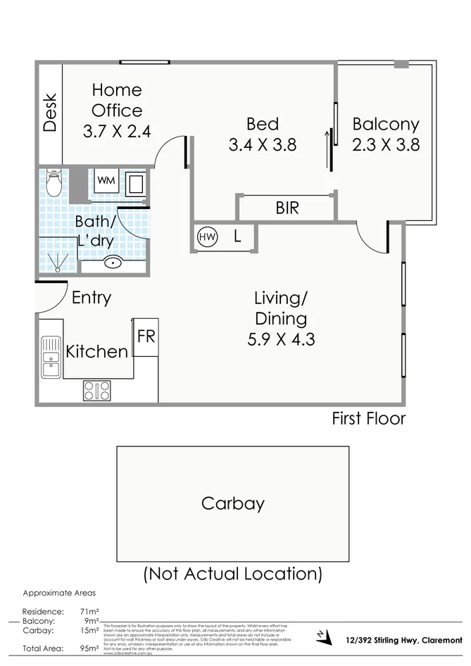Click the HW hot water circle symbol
208,237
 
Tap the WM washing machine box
106,180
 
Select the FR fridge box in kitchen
146,337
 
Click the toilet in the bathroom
54,184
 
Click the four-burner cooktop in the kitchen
96,390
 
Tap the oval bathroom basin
113,263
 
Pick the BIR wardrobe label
287,208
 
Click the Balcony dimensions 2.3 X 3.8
386,145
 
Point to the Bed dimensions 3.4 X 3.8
262,145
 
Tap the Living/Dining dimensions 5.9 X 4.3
281,339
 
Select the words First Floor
368,419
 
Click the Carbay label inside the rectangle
232,503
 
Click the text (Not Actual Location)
232,574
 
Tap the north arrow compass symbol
322,636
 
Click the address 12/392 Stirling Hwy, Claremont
404,639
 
